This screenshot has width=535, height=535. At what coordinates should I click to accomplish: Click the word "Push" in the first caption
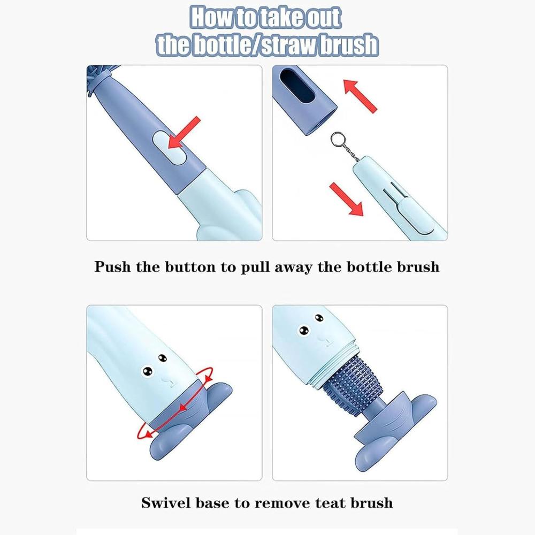(x=112, y=267)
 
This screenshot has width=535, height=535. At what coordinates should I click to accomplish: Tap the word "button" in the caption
(x=190, y=267)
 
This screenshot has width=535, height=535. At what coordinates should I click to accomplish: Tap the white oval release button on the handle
(x=170, y=148)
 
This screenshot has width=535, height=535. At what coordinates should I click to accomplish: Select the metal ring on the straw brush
(x=338, y=140)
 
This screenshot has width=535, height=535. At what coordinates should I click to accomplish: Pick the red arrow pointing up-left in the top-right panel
(x=360, y=96)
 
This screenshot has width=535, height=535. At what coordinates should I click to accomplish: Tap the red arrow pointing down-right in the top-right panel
(x=346, y=199)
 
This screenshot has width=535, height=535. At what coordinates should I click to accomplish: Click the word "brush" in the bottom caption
(x=372, y=503)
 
